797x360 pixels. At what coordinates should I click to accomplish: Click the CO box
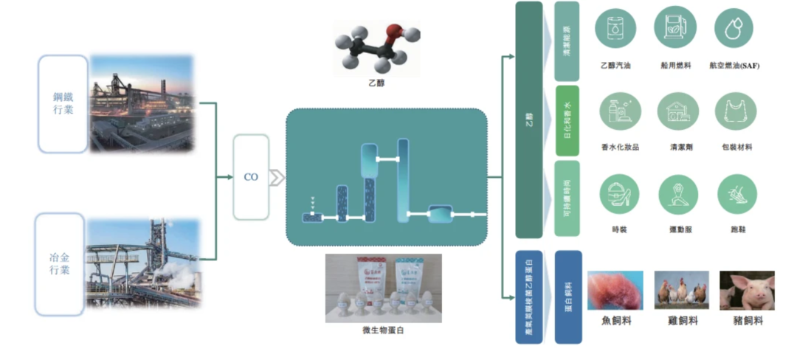[x=251, y=177]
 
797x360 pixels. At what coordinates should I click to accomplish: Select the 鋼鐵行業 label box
[x=63, y=104]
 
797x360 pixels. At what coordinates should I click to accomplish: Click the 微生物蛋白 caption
[x=383, y=330]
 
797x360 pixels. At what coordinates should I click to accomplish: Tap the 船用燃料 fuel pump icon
[x=674, y=28]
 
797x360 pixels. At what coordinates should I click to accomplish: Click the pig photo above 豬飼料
[x=747, y=290]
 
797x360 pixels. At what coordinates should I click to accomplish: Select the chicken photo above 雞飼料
[x=681, y=290]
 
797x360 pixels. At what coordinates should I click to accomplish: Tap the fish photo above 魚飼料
[x=615, y=290]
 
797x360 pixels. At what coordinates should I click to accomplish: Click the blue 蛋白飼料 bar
[x=568, y=297]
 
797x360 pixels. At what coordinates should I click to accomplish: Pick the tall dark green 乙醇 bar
[x=528, y=120]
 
